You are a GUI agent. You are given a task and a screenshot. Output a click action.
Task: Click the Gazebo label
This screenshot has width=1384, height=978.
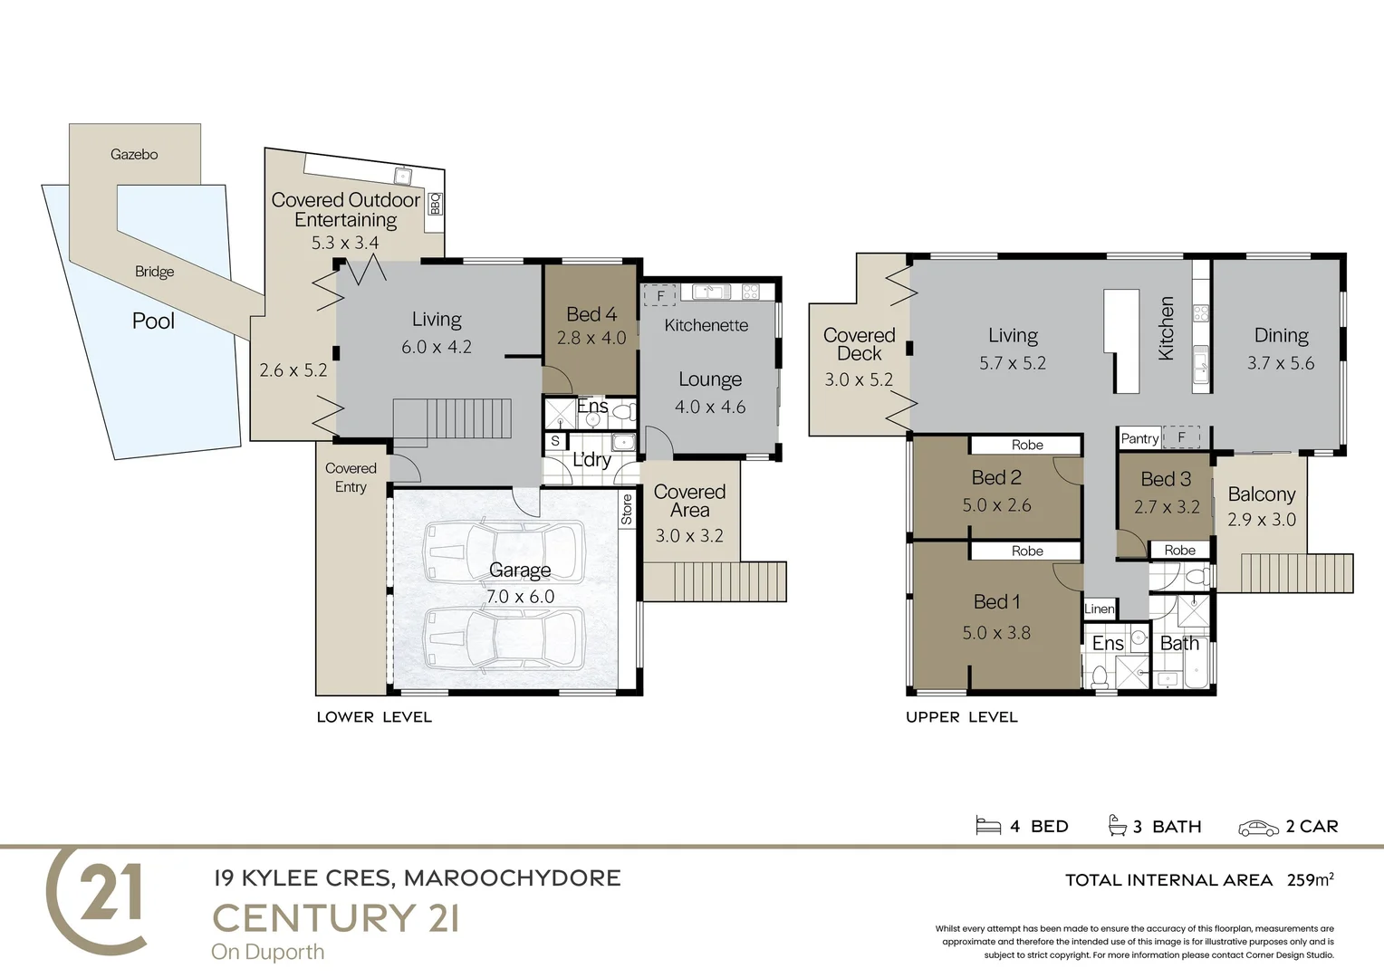(134, 155)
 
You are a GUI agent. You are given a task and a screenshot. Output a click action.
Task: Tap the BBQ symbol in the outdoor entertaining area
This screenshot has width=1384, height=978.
(435, 204)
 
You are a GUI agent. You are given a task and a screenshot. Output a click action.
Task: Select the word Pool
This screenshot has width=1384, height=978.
(153, 321)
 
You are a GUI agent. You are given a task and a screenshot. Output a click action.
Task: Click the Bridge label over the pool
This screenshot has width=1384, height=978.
(154, 272)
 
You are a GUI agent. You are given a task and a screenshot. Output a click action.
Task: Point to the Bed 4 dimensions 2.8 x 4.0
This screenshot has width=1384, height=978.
(591, 338)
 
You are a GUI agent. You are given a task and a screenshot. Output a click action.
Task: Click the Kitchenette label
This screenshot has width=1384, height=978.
(706, 325)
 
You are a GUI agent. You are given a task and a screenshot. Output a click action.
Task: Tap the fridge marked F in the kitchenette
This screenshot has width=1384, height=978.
(660, 296)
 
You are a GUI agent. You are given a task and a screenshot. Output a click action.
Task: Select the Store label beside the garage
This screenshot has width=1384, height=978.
(627, 509)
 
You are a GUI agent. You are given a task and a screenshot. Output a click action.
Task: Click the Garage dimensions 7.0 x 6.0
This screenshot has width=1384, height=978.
(520, 597)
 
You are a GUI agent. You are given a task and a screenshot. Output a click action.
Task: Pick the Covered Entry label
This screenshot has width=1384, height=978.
(351, 477)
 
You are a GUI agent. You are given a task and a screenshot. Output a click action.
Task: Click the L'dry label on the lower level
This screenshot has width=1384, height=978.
(591, 460)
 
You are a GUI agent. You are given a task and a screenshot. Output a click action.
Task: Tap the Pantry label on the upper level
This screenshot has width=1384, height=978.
(1139, 438)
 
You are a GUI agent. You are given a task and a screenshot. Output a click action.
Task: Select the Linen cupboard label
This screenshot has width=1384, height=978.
(1099, 609)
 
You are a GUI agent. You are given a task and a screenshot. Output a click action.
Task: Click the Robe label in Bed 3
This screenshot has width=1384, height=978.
(1179, 550)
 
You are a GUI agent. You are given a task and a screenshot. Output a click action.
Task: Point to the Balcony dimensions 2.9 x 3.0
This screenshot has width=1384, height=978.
(1261, 520)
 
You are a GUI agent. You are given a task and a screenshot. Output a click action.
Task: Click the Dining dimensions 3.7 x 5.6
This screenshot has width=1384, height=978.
(1280, 363)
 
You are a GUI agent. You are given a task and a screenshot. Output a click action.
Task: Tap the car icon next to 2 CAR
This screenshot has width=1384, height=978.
(1258, 828)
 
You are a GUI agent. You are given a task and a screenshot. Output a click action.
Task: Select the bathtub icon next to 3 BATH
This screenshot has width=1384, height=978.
(1117, 825)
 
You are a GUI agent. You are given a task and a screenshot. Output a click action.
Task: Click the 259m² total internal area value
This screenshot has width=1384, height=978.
(1310, 879)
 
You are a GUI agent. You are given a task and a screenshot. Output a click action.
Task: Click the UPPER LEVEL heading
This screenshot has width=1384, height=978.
(961, 717)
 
